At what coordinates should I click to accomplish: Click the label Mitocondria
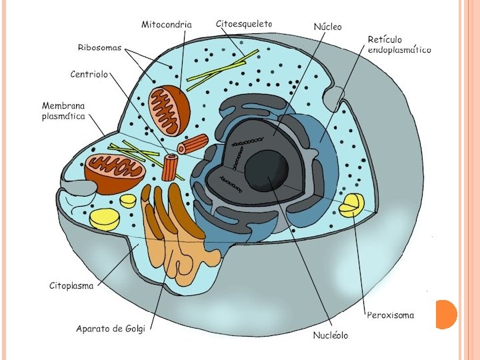[x=167, y=25]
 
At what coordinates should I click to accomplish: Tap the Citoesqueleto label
[x=244, y=23]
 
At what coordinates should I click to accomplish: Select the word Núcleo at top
[x=327, y=27]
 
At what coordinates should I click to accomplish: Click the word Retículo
[x=385, y=40]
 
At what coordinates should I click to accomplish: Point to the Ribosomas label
[x=101, y=47]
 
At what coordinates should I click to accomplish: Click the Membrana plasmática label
[x=64, y=111]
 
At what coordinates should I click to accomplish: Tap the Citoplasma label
[x=72, y=286]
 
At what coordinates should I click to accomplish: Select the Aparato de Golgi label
[x=111, y=328]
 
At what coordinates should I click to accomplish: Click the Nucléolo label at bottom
[x=331, y=335]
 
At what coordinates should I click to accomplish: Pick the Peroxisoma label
[x=391, y=315]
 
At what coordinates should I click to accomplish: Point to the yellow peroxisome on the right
[x=351, y=205]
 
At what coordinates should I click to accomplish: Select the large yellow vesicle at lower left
[x=105, y=217]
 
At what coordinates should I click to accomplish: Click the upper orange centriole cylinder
[x=193, y=144]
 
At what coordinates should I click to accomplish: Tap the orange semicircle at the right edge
[x=445, y=314]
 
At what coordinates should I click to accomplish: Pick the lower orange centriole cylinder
[x=171, y=167]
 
